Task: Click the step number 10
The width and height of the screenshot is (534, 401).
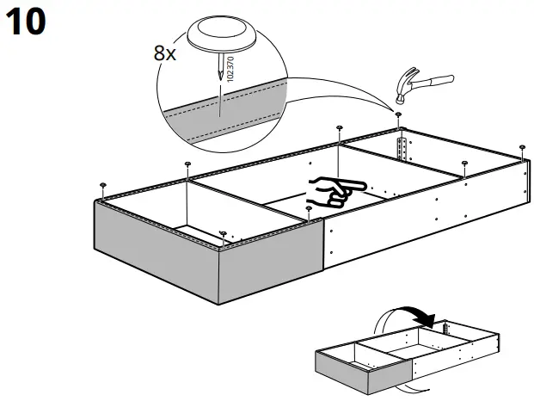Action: [25, 23]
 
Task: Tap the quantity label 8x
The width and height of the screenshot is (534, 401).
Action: [165, 52]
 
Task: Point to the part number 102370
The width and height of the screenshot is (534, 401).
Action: [230, 67]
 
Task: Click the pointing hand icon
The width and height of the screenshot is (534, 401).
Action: [336, 191]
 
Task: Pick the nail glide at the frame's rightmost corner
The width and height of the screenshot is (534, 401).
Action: [523, 148]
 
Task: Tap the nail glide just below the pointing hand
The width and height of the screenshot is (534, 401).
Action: [308, 209]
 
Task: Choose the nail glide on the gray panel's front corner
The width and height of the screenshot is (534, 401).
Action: [223, 233]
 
